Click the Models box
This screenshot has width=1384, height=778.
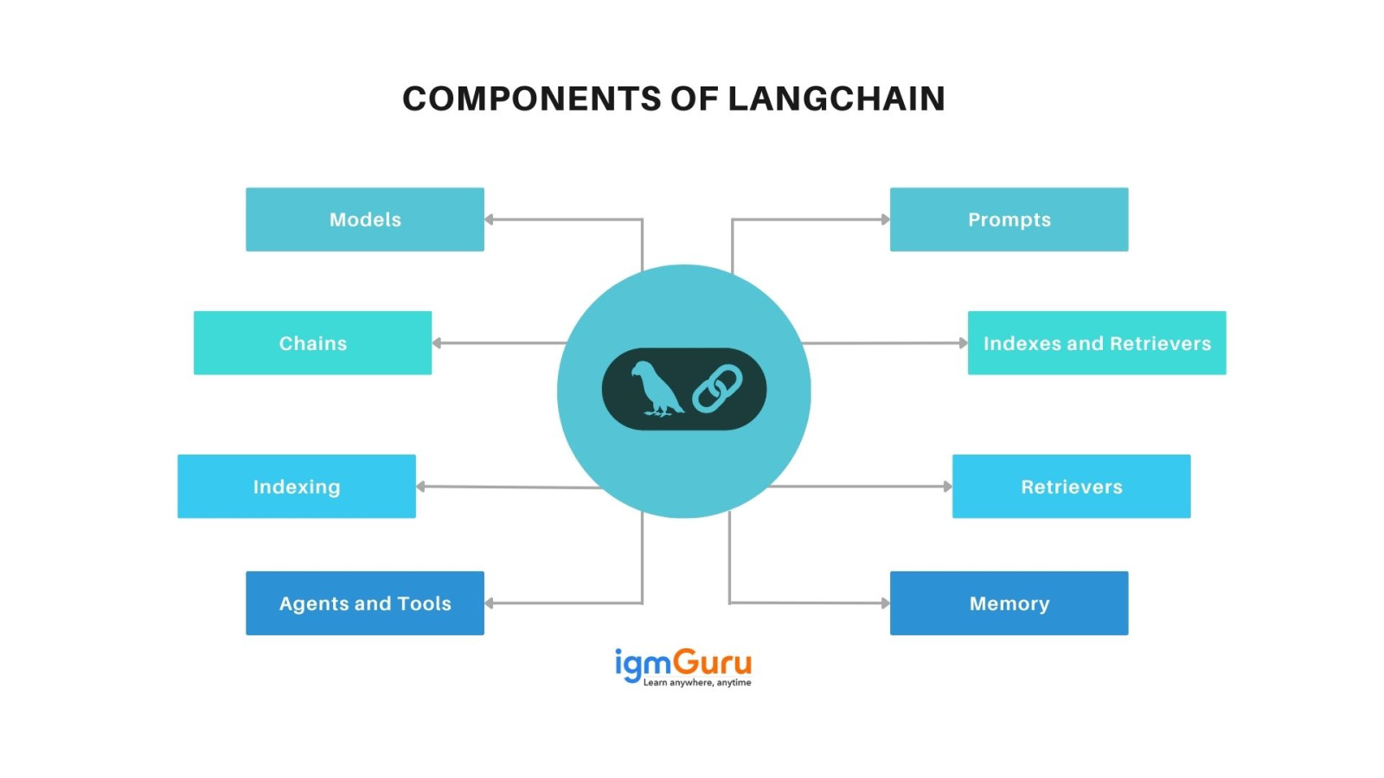(364, 220)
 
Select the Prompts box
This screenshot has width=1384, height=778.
(1009, 220)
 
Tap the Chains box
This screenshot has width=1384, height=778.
(312, 343)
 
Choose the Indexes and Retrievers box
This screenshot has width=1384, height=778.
(1096, 343)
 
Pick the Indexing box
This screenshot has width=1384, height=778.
(296, 487)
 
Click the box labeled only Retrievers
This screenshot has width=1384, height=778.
(1071, 487)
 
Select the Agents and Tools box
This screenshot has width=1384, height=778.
(364, 603)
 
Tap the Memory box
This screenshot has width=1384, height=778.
(1009, 603)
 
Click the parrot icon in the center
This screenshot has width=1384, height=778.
(655, 389)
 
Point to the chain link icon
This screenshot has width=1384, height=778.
(717, 389)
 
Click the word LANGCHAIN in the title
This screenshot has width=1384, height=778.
(836, 99)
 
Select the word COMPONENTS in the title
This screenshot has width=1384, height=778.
(531, 99)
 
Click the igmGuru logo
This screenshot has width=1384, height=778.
(682, 663)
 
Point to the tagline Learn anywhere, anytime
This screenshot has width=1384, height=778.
(696, 683)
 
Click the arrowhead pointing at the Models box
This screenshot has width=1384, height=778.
(490, 220)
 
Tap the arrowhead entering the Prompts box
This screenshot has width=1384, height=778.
(885, 220)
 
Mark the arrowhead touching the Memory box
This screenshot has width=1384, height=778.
(885, 603)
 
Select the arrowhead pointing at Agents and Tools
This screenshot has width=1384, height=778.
(490, 603)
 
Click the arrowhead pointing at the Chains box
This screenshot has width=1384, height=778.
(437, 343)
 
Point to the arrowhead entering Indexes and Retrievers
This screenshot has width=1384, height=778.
(963, 343)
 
